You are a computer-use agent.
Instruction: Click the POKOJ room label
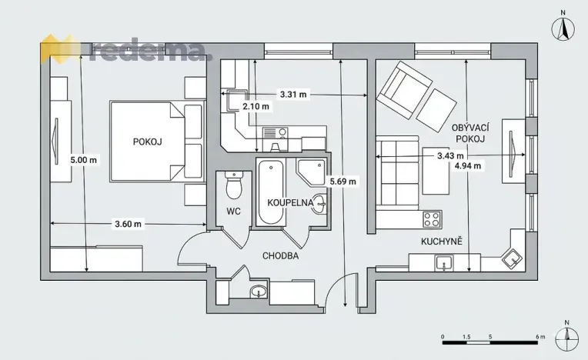147,142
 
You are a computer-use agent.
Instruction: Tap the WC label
233,212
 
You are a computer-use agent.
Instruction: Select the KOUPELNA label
290,202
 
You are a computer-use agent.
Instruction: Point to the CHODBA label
280,256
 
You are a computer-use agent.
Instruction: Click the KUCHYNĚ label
441,242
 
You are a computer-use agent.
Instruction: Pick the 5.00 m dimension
83,160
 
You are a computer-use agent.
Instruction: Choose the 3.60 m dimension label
128,224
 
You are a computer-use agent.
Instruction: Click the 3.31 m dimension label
293,95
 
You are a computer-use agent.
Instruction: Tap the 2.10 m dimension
256,106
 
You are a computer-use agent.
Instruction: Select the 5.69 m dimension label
342,182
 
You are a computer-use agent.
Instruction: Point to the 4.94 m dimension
468,165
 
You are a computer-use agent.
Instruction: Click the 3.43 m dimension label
450,155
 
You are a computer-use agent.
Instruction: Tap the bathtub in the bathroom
270,192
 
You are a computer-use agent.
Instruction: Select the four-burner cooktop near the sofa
432,219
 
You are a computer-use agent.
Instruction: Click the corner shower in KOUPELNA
311,173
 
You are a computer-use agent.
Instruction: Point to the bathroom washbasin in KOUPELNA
319,204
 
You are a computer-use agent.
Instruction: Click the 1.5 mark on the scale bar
466,337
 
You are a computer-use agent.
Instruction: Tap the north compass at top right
563,26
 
